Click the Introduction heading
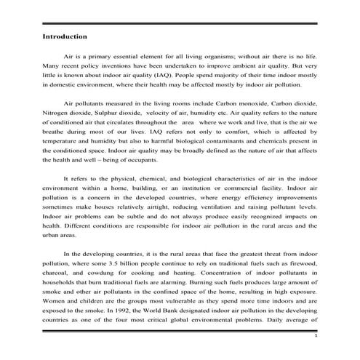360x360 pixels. (x=65, y=36)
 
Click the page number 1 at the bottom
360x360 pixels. (x=315, y=337)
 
